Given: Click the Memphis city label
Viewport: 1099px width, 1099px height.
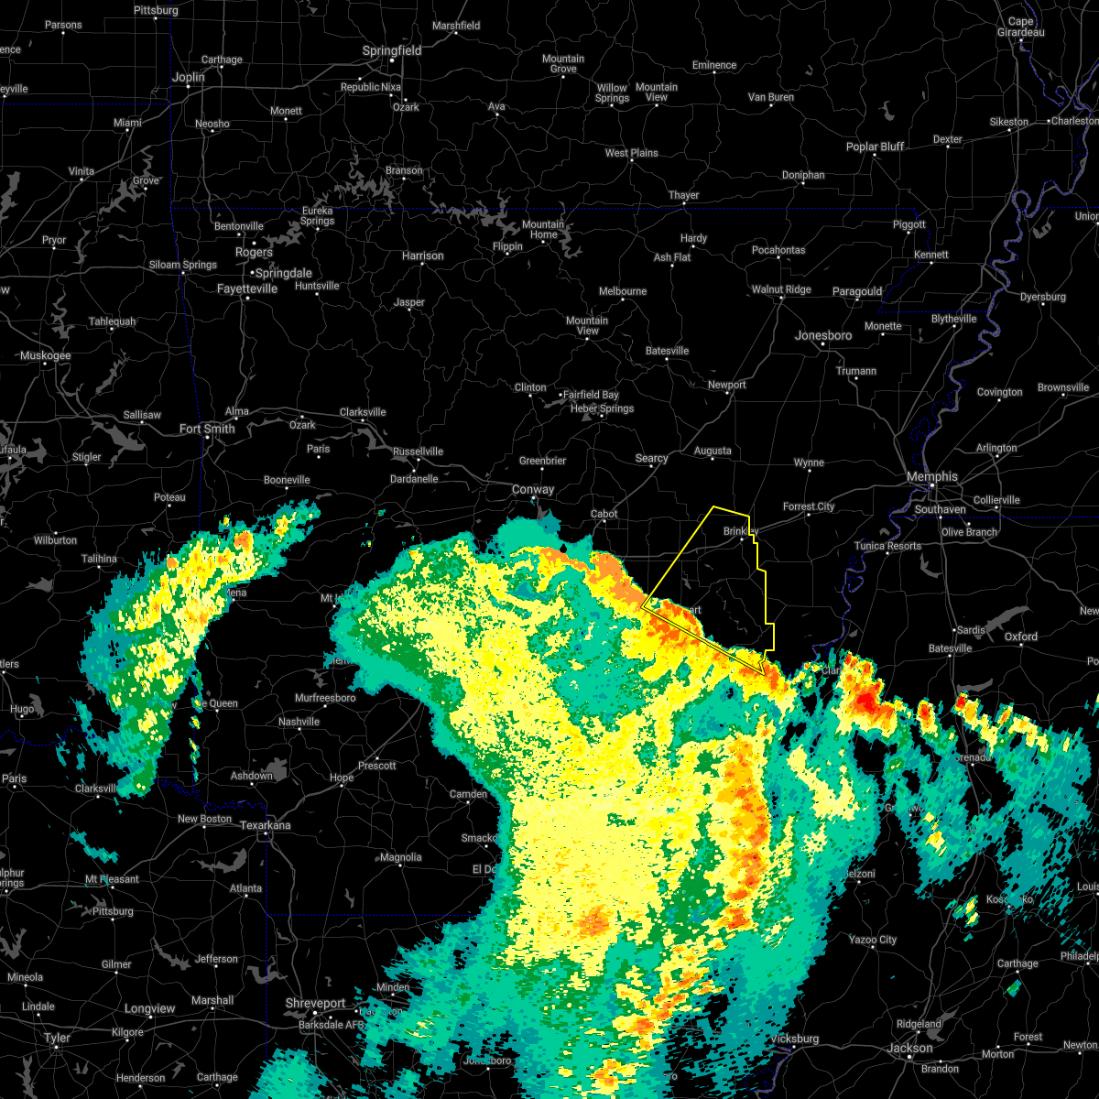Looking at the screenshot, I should pyautogui.click(x=931, y=477).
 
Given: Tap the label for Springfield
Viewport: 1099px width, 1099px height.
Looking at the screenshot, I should pyautogui.click(x=392, y=51).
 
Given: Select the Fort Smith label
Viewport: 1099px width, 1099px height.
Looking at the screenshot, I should pyautogui.click(x=207, y=429).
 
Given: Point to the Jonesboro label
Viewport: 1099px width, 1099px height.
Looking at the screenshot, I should pyautogui.click(x=822, y=336).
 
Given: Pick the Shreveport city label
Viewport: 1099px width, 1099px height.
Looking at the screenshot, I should pyautogui.click(x=315, y=1004).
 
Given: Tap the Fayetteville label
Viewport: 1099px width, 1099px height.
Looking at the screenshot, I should pyautogui.click(x=247, y=288).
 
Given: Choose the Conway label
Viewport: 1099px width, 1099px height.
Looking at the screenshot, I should pyautogui.click(x=533, y=490).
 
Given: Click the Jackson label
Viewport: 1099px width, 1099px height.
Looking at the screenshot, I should pyautogui.click(x=909, y=1049).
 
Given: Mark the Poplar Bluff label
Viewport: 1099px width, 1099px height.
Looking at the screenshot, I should pyautogui.click(x=875, y=147).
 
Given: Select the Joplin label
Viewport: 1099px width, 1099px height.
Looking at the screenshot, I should pyautogui.click(x=189, y=78).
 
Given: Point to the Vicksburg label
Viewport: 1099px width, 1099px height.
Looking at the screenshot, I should pyautogui.click(x=793, y=1039).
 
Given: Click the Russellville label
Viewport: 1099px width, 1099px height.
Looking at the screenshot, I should pyautogui.click(x=418, y=452).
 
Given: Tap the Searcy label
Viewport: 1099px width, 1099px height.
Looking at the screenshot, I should pyautogui.click(x=651, y=459).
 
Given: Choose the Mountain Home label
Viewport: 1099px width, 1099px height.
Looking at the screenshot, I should pyautogui.click(x=543, y=229).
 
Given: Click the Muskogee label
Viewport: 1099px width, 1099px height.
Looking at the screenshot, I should pyautogui.click(x=45, y=355).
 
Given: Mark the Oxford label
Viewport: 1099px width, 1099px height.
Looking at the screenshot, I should pyautogui.click(x=1021, y=637).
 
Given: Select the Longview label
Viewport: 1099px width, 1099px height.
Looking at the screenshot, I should pyautogui.click(x=149, y=1008).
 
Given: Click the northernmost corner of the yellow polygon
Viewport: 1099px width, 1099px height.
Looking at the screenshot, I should pyautogui.click(x=713, y=506).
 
